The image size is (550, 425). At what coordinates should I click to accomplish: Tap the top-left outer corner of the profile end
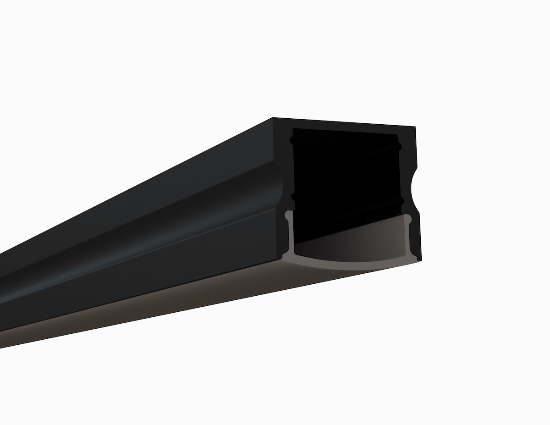tap(273, 118)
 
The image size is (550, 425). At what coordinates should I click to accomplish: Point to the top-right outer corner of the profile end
tap(415, 125)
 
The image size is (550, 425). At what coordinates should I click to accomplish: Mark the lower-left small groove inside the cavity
tap(292, 197)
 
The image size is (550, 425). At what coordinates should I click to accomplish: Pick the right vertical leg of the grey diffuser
tap(409, 238)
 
